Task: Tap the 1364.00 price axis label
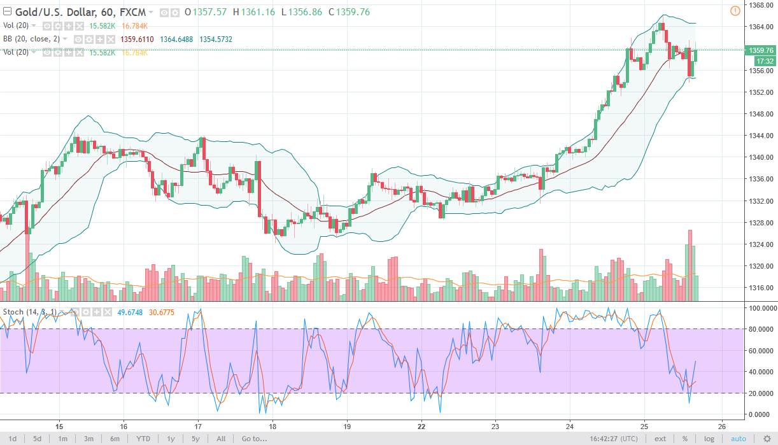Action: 761,27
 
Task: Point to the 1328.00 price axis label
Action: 761,223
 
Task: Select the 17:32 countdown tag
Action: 763,61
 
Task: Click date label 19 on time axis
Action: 346,427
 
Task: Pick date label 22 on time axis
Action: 421,427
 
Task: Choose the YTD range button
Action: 143,439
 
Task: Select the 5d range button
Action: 38,439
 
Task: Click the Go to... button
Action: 254,439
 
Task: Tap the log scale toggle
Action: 709,439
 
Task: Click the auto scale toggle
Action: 738,439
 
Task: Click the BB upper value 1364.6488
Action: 177,39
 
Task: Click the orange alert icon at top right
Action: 735,10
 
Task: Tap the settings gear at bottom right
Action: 767,439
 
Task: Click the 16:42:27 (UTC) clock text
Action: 617,439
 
